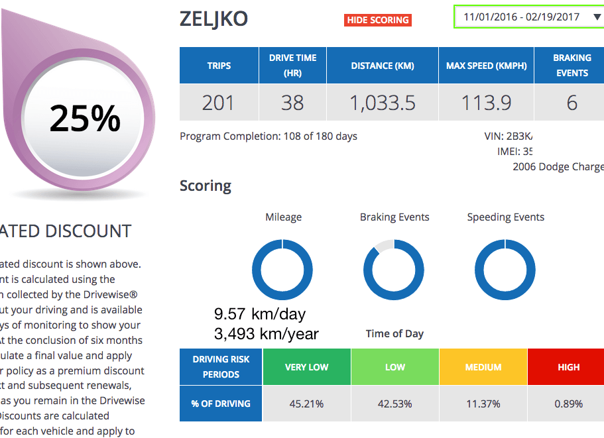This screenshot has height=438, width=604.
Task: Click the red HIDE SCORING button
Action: pos(378,20)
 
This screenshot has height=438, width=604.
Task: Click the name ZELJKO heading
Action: pos(213,19)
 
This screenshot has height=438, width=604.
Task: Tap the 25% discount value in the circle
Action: pos(85,119)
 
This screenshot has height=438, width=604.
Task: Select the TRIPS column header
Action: pos(219,66)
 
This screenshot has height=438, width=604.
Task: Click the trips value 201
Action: pos(219,103)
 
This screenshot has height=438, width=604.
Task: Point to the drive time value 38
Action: pos(292,103)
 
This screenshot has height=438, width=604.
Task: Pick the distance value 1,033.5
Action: pos(382,103)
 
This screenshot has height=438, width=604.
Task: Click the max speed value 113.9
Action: pos(486,103)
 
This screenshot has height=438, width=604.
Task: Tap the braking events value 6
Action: pos(572,103)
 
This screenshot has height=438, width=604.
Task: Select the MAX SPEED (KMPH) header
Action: pos(486,66)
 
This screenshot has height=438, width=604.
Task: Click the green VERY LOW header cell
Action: pos(306,367)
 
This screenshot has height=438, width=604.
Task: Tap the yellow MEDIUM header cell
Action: pos(483,367)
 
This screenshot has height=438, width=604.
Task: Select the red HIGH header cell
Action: pos(568,367)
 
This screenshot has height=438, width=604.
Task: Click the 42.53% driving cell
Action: pos(395,404)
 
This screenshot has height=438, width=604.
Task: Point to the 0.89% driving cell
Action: pos(568,404)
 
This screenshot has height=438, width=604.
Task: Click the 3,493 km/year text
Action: pos(266,334)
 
